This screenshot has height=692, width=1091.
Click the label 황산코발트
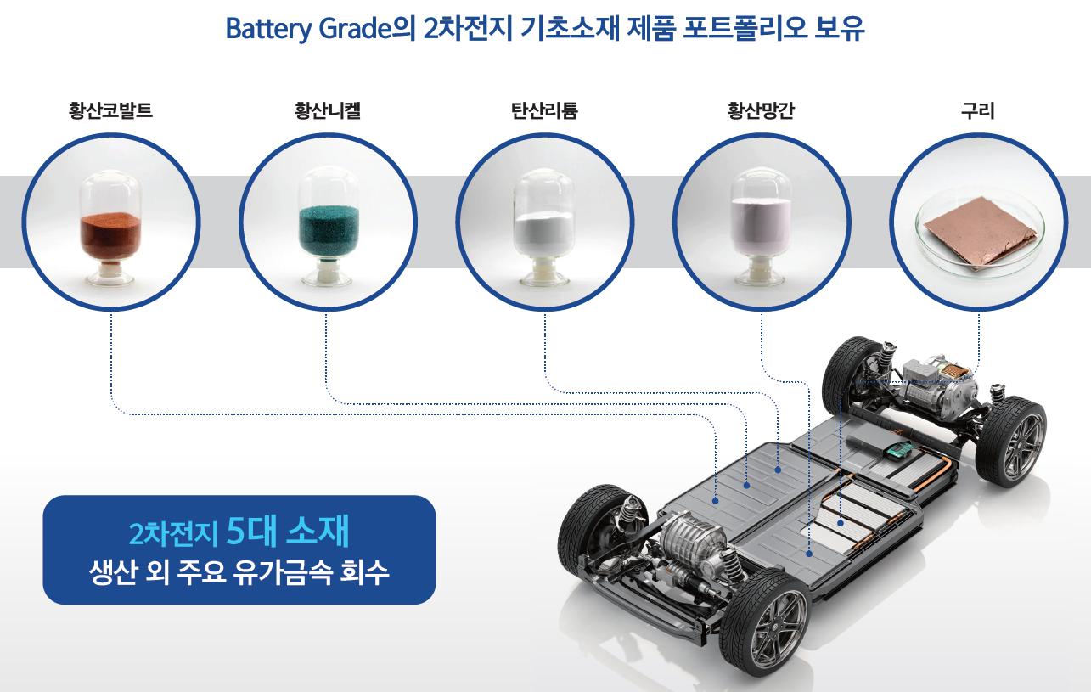pyautogui.click(x=110, y=110)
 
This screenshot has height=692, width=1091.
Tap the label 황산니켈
pyautogui.click(x=328, y=110)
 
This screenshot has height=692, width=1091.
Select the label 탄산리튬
pyautogui.click(x=545, y=110)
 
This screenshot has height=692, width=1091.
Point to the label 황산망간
pyautogui.click(x=762, y=110)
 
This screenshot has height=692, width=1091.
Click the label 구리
pyautogui.click(x=978, y=110)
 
